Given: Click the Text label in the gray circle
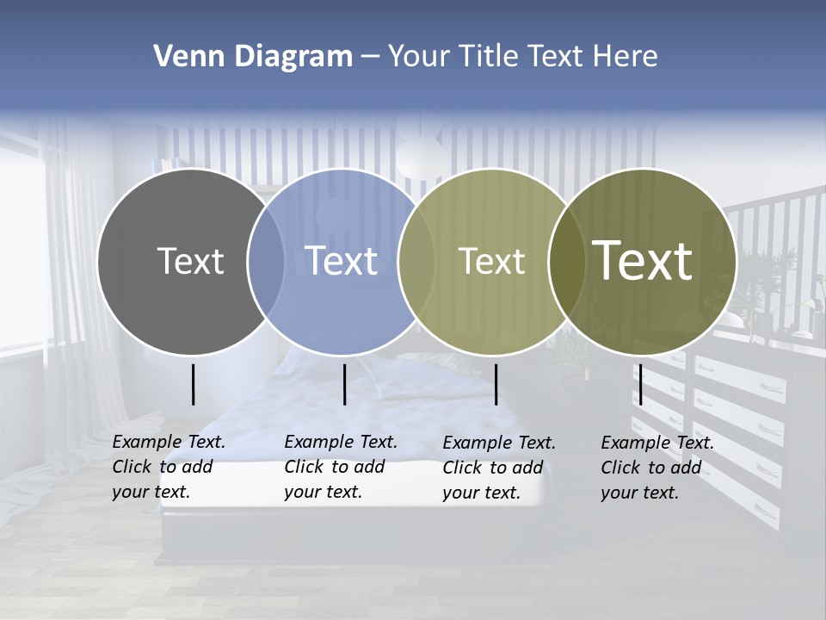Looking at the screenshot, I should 190,261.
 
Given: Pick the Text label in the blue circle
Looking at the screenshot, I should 342,261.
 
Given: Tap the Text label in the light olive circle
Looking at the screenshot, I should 491,261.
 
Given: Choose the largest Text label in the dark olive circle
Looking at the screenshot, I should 643,260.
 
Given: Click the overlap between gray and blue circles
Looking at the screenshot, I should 266,262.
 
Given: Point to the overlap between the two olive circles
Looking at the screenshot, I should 567,262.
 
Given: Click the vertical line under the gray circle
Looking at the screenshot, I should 193,384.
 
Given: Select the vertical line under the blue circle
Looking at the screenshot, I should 344,384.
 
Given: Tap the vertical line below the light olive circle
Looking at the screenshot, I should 496,384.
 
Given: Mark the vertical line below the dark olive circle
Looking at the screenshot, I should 640,384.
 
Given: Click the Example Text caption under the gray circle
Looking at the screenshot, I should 168,467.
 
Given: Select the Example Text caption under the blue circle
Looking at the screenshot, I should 340,467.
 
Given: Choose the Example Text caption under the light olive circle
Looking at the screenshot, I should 498,468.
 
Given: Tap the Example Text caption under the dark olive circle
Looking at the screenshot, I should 656,468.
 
